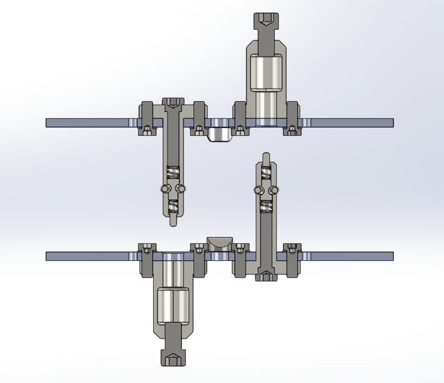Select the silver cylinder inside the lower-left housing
(173, 306)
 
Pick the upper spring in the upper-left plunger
(173, 172)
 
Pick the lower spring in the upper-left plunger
(173, 206)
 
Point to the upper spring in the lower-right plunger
(266, 172)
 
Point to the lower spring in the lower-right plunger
(266, 207)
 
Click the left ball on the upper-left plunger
(164, 189)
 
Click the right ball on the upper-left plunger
(181, 189)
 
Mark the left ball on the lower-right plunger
(258, 190)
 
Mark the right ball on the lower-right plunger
(275, 190)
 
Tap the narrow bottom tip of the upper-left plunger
(173, 221)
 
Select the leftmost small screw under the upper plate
(147, 129)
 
